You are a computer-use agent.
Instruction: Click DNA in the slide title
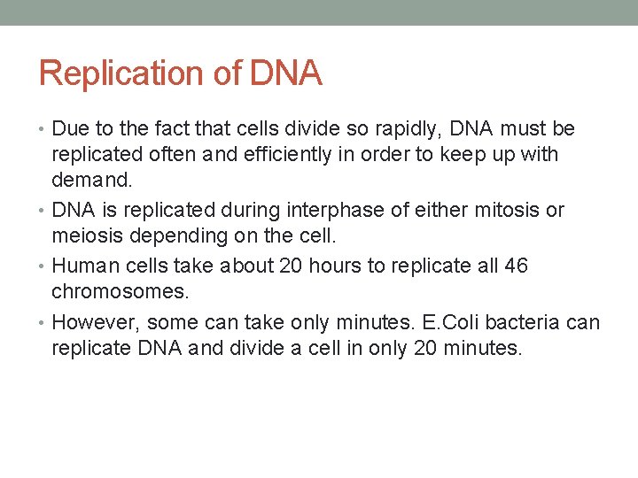tap(285, 73)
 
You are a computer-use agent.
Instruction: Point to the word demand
tap(90, 180)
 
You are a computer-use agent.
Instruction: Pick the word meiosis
tap(86, 235)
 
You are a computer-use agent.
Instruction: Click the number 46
tap(515, 266)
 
